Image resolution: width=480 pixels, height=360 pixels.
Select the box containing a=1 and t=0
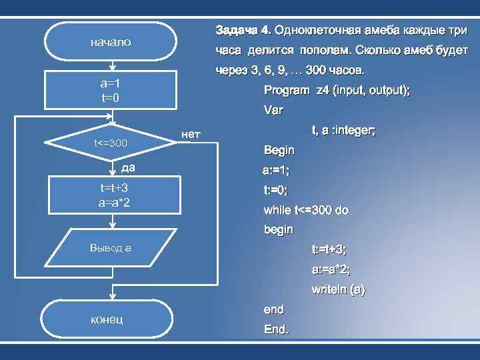(111, 91)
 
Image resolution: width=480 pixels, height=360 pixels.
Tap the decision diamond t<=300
(111, 143)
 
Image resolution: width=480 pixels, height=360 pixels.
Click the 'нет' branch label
(191, 135)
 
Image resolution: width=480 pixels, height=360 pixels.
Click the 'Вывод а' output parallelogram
(111, 248)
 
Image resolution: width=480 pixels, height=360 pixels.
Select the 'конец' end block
(111, 319)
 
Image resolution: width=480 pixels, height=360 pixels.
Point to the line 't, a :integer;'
(343, 131)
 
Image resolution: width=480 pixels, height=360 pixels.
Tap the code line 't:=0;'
(275, 190)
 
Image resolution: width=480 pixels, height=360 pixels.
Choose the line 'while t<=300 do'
(306, 210)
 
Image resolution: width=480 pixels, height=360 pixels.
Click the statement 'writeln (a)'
(338, 290)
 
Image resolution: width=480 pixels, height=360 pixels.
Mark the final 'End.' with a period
(276, 329)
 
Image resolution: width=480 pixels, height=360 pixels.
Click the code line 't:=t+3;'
(329, 249)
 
